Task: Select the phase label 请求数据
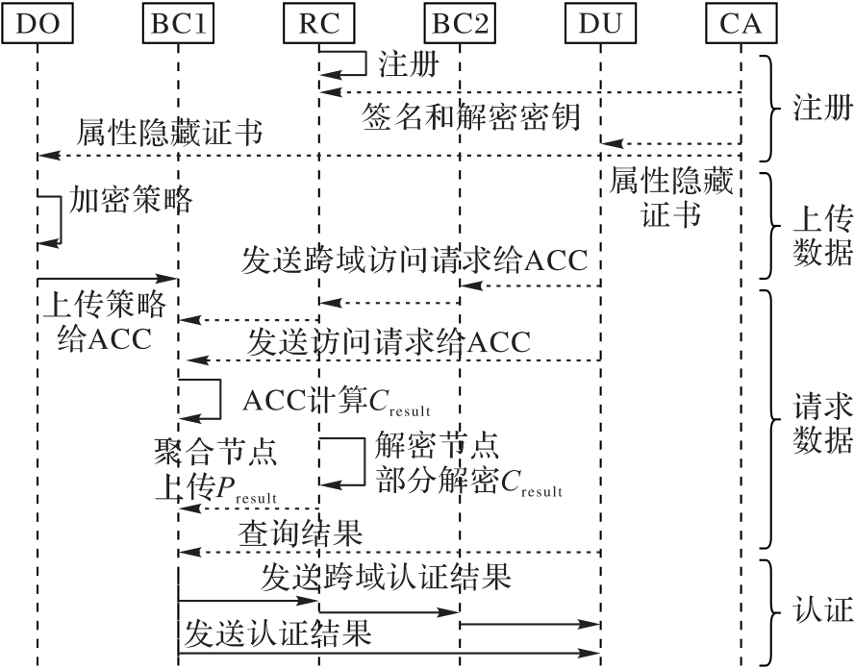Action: point(821,424)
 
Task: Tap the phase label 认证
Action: point(821,610)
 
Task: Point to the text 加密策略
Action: point(132,200)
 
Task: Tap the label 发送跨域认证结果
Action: point(385,579)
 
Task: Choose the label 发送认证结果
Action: point(278,632)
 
